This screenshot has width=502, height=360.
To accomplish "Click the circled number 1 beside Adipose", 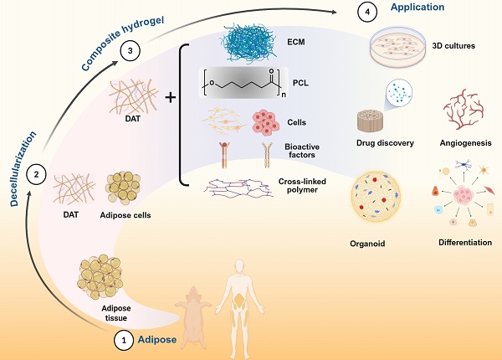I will [x=123, y=341].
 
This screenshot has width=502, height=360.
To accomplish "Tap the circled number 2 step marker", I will [x=36, y=175].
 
